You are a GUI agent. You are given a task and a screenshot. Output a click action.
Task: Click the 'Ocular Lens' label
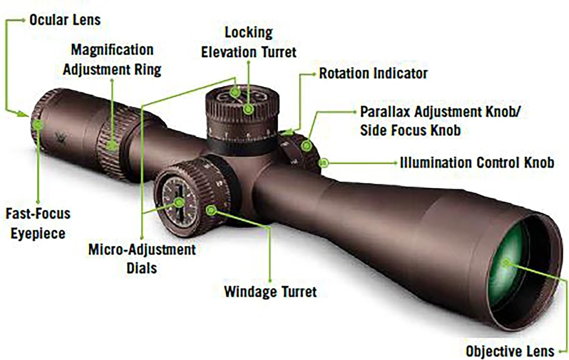[65, 20]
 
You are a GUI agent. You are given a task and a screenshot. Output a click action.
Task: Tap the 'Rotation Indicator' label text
[373, 74]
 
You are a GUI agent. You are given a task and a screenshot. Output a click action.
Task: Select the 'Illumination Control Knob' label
[477, 163]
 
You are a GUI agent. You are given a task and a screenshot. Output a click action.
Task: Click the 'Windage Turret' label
[270, 292]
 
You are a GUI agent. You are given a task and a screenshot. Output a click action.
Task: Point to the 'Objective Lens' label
[510, 351]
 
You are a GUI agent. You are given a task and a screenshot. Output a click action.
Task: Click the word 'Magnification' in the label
[112, 50]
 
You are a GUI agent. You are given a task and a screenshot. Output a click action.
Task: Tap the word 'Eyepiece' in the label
[38, 233]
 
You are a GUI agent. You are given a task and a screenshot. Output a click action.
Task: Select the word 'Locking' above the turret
[249, 33]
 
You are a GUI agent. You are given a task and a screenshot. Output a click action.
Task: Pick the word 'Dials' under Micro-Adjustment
[141, 268]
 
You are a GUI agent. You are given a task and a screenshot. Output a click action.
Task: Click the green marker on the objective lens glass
[506, 263]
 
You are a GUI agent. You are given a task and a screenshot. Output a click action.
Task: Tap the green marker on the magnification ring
[112, 146]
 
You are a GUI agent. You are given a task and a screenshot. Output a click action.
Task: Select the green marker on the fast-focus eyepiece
[38, 124]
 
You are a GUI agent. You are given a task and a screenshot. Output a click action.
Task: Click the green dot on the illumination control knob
[324, 163]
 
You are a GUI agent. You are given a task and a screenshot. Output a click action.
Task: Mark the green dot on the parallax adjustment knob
[307, 146]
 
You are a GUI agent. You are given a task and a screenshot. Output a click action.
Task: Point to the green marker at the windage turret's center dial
[179, 203]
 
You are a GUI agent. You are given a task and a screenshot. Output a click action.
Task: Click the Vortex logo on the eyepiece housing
[61, 138]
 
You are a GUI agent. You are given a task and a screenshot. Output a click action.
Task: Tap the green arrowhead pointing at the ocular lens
[22, 114]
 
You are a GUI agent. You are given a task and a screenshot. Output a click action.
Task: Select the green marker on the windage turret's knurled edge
[211, 211]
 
